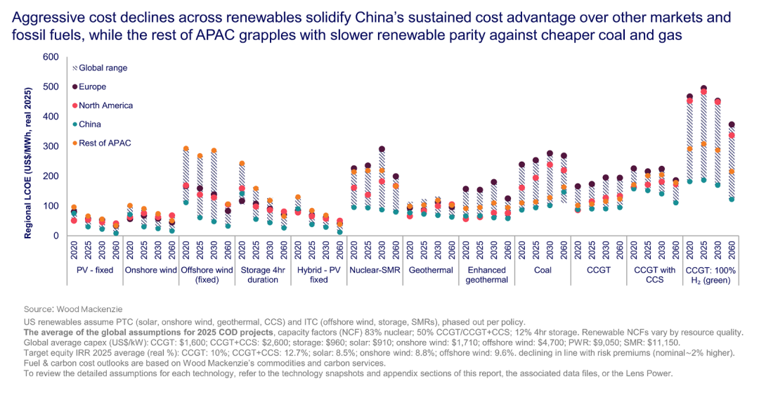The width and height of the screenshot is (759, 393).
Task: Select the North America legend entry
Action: (105, 105)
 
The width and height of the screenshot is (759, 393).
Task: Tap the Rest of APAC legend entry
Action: (103, 143)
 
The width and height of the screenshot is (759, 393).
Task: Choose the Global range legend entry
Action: (103, 67)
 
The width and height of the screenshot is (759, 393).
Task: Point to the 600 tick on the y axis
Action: (50, 57)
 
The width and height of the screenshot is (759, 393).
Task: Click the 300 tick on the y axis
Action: (50, 146)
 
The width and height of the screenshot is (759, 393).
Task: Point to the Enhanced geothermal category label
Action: (486, 275)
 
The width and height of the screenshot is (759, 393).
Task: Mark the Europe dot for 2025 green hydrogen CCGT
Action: (703, 89)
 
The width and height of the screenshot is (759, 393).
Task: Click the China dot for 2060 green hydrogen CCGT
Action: (731, 199)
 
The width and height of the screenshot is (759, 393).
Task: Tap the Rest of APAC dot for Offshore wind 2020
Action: (186, 149)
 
